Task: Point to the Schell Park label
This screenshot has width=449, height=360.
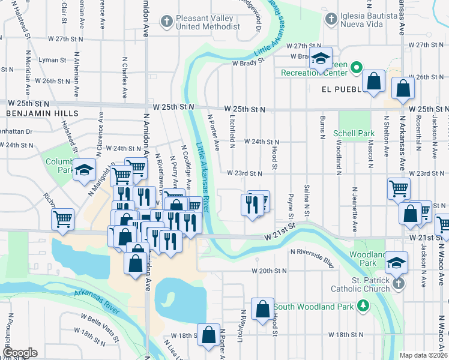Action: click(358, 133)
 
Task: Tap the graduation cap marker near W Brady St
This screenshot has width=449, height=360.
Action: click(321, 59)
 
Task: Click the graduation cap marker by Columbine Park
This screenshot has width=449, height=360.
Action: click(85, 169)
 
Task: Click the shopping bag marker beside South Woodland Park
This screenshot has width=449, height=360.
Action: click(263, 309)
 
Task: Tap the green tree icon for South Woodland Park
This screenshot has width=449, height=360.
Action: click(363, 307)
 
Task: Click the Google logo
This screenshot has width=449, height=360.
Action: click(20, 353)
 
